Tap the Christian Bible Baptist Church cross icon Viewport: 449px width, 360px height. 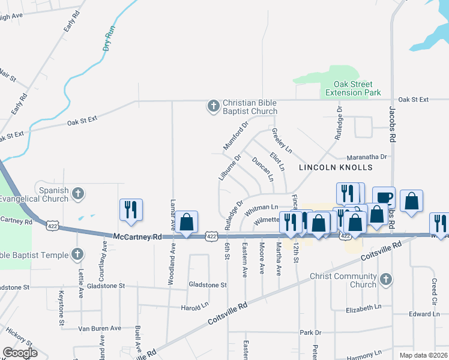coord(212,106)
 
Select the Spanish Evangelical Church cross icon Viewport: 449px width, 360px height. coord(77,193)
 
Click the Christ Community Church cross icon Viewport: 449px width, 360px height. coord(386,279)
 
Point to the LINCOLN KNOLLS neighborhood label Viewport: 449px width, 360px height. coord(336,167)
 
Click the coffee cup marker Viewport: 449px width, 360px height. coord(384,197)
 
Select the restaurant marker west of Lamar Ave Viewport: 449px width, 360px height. coord(131,210)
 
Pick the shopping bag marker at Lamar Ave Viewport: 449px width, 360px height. coord(187,222)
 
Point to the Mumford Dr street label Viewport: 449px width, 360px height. coord(235,136)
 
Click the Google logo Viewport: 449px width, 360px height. coord(20,353)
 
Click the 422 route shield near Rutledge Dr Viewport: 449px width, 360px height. coord(211,236)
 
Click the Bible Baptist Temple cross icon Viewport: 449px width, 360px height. coord(77,254)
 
